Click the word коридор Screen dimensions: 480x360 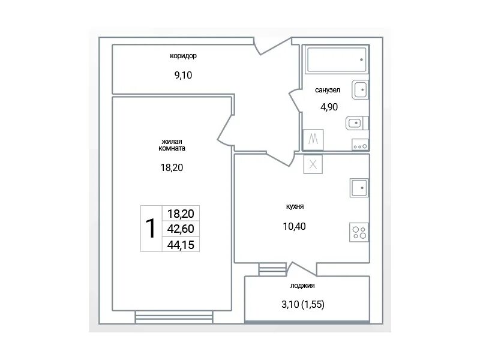point(183,56)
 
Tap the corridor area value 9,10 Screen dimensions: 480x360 point(183,76)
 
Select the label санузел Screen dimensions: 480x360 point(328,91)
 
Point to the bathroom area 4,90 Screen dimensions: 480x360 point(329,107)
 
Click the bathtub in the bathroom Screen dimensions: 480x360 point(337,59)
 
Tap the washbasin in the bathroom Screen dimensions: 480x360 point(361,89)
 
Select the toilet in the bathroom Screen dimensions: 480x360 point(357,123)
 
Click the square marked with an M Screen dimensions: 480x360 point(313,140)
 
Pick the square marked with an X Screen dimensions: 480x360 point(313,164)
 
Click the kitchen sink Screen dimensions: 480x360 point(359,188)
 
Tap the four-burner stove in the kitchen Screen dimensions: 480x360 point(359,232)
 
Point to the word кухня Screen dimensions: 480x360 point(295,206)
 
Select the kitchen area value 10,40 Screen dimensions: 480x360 point(294,227)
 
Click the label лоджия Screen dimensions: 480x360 point(302,286)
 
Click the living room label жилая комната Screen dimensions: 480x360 point(172,145)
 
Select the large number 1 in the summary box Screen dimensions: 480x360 point(151,229)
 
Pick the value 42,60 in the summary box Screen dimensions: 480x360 point(181,229)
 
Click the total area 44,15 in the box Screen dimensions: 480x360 point(181,245)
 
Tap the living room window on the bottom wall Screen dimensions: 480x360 point(174,317)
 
